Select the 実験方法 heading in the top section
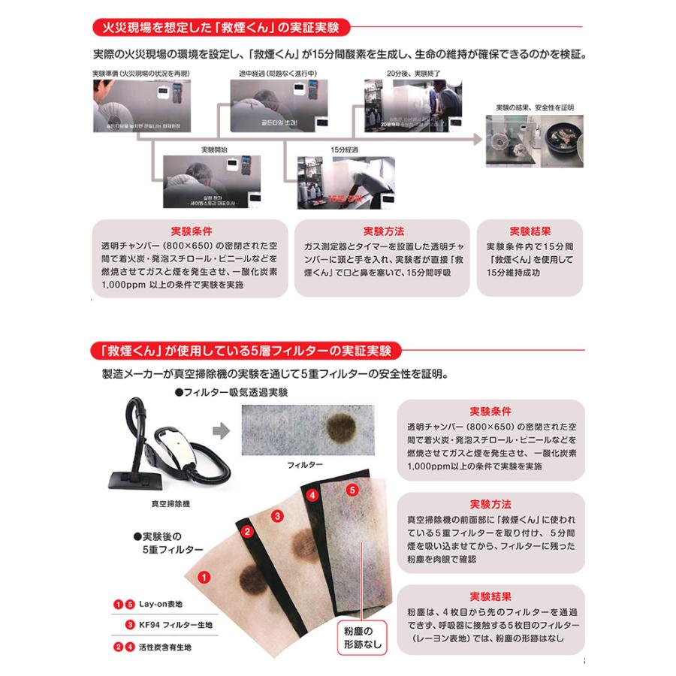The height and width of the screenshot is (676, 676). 382,231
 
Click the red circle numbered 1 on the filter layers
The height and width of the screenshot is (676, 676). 203,578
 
